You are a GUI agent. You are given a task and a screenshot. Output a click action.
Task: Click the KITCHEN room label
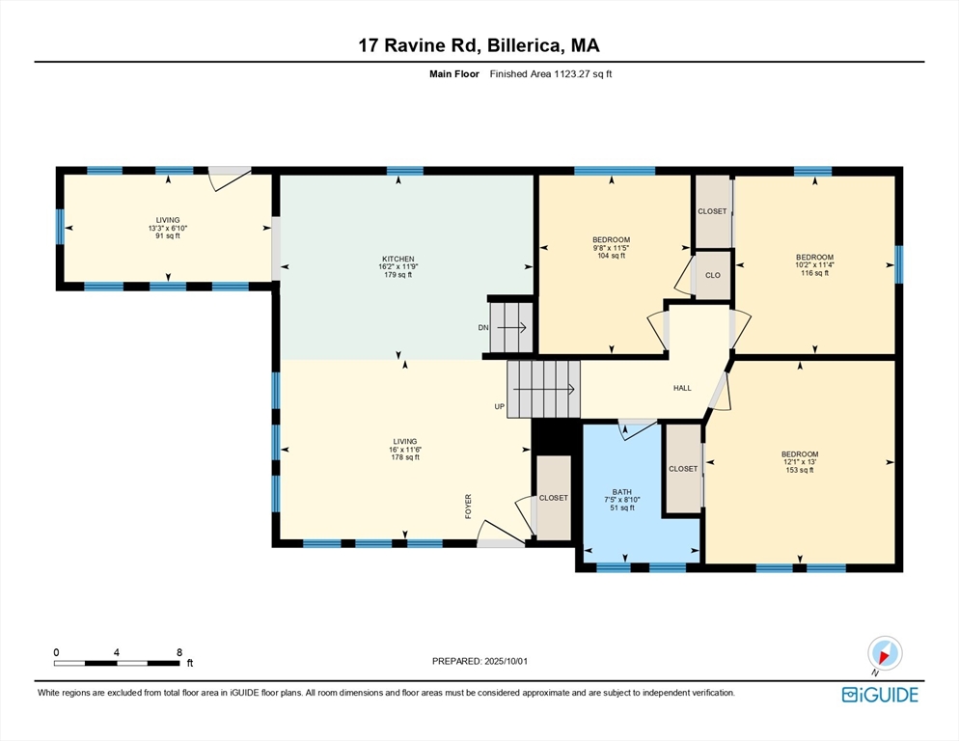click(398, 259)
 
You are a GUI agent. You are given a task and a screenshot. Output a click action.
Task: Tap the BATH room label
click(622, 492)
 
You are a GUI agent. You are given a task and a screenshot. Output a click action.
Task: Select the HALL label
click(682, 388)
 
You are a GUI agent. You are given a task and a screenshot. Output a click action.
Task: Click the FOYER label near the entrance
click(469, 507)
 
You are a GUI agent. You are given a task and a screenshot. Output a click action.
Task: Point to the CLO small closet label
click(713, 275)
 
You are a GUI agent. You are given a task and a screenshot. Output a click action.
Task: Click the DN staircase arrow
click(511, 328)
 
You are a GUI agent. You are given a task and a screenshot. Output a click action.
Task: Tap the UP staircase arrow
click(543, 389)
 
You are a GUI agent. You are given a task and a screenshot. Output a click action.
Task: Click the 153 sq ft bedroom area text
click(800, 470)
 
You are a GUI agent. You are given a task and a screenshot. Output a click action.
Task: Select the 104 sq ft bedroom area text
click(612, 256)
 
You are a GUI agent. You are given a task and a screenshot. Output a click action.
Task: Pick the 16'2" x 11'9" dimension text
click(398, 267)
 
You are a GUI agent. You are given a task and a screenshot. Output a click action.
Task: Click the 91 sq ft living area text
click(168, 235)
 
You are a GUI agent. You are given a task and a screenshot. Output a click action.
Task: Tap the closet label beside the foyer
click(554, 498)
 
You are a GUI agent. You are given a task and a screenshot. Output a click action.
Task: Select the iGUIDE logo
click(880, 695)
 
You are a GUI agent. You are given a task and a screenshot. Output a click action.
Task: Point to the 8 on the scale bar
click(179, 652)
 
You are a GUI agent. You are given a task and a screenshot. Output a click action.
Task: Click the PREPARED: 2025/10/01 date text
click(479, 662)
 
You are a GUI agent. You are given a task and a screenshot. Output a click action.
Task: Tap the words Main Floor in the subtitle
click(453, 74)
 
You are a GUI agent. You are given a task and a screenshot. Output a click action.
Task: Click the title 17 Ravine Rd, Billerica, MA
click(479, 45)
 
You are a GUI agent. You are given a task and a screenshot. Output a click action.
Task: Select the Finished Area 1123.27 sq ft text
click(551, 74)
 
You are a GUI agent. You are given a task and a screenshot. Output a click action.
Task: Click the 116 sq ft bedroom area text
click(814, 273)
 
